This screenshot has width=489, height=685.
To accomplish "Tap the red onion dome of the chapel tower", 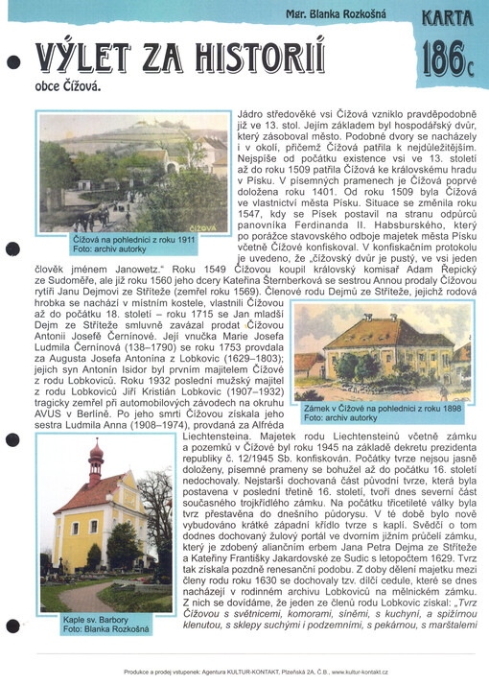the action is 95,454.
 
